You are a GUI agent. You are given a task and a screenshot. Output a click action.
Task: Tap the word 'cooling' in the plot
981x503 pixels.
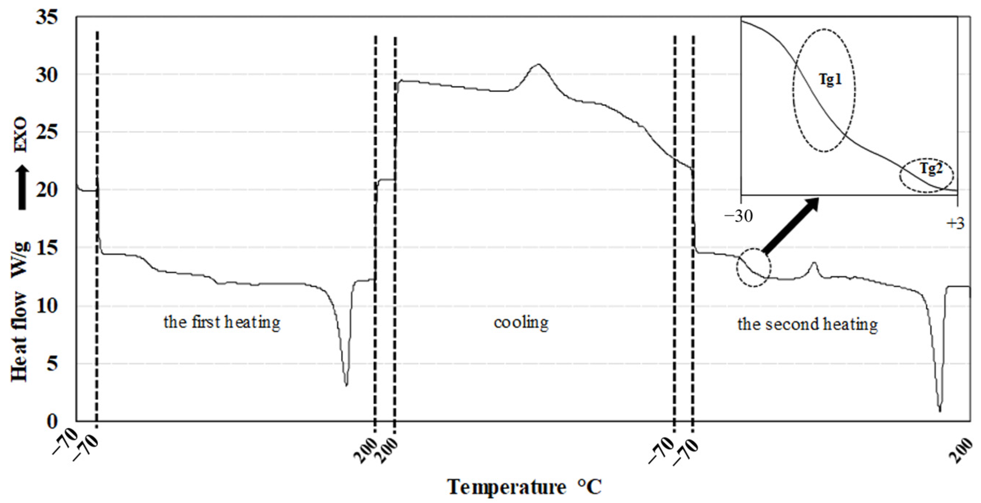tap(521, 322)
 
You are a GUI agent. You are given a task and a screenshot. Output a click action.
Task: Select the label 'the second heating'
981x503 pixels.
tap(807, 324)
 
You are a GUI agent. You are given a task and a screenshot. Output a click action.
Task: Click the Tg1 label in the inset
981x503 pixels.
tap(830, 79)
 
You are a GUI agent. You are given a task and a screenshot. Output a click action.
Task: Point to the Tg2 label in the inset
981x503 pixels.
tap(931, 168)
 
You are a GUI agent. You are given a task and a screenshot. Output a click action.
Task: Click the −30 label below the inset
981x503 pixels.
tap(739, 216)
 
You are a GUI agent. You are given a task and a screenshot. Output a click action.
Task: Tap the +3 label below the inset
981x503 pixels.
tap(955, 223)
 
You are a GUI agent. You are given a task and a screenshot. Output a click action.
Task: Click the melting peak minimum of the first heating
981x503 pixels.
tap(346, 385)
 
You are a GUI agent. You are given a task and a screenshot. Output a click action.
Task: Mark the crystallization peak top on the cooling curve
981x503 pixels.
tap(538, 64)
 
